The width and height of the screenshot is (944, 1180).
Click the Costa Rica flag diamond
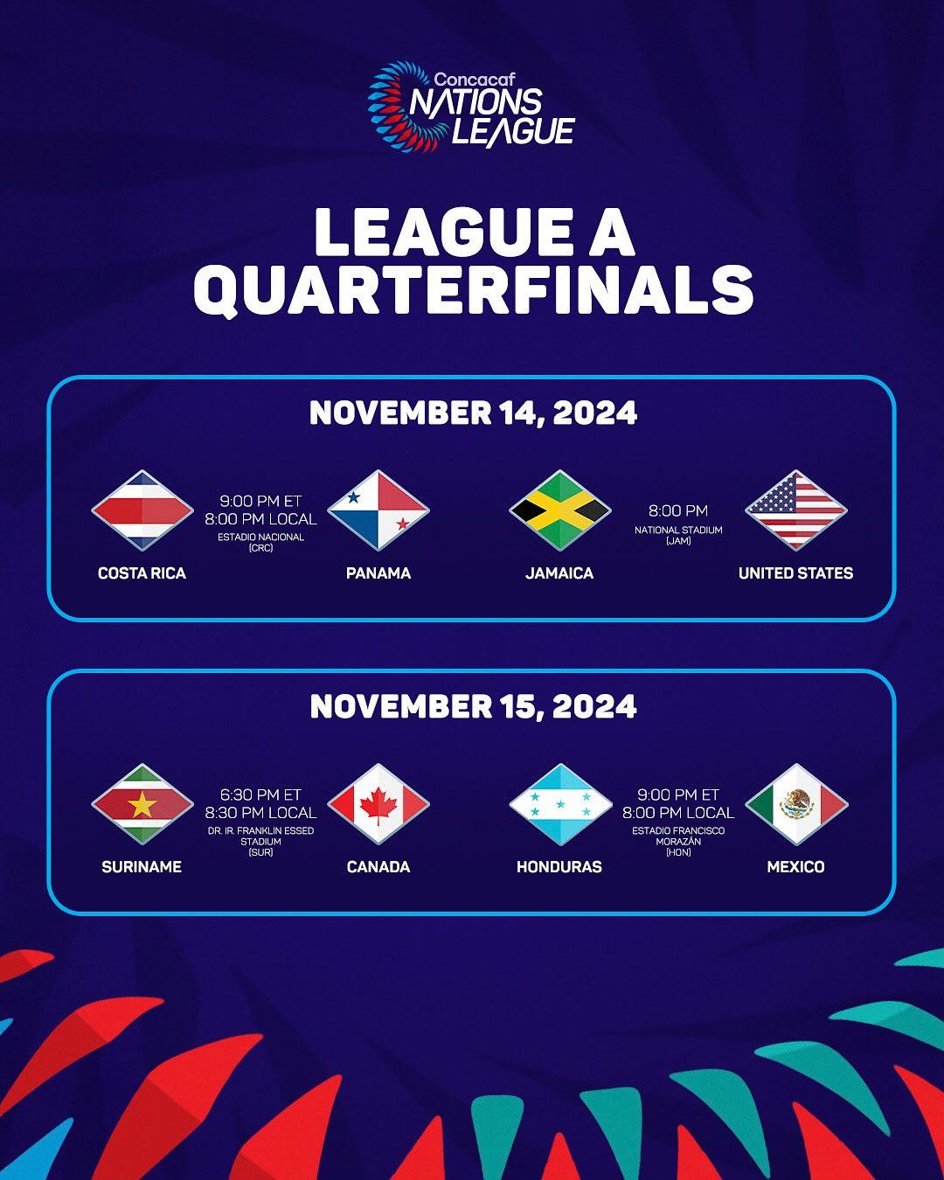[x=142, y=510]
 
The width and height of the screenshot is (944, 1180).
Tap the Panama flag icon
[x=378, y=510]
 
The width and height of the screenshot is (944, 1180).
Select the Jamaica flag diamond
[x=559, y=510]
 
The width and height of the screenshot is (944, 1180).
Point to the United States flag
[x=796, y=510]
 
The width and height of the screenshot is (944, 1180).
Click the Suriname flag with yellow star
[x=142, y=804]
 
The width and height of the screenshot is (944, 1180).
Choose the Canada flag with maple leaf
[x=378, y=804]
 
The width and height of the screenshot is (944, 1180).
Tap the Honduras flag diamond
[x=559, y=804]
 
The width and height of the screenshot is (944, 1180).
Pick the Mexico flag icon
[x=796, y=804]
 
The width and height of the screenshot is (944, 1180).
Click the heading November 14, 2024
[x=473, y=413]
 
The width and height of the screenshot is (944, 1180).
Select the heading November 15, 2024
[x=473, y=706]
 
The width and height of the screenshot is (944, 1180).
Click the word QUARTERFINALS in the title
[x=473, y=290]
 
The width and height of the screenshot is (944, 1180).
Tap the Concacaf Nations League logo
[x=471, y=107]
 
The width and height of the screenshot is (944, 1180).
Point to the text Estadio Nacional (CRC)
[x=260, y=542]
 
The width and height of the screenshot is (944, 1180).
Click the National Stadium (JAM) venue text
[x=678, y=535]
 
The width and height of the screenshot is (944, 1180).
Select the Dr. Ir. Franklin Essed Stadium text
[x=260, y=841]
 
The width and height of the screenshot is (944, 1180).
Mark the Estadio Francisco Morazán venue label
[x=678, y=841]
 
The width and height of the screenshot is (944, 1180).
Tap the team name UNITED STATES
[x=796, y=573]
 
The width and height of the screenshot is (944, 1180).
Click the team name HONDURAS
[x=559, y=866]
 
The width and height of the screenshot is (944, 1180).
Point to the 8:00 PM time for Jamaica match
[x=678, y=510]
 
